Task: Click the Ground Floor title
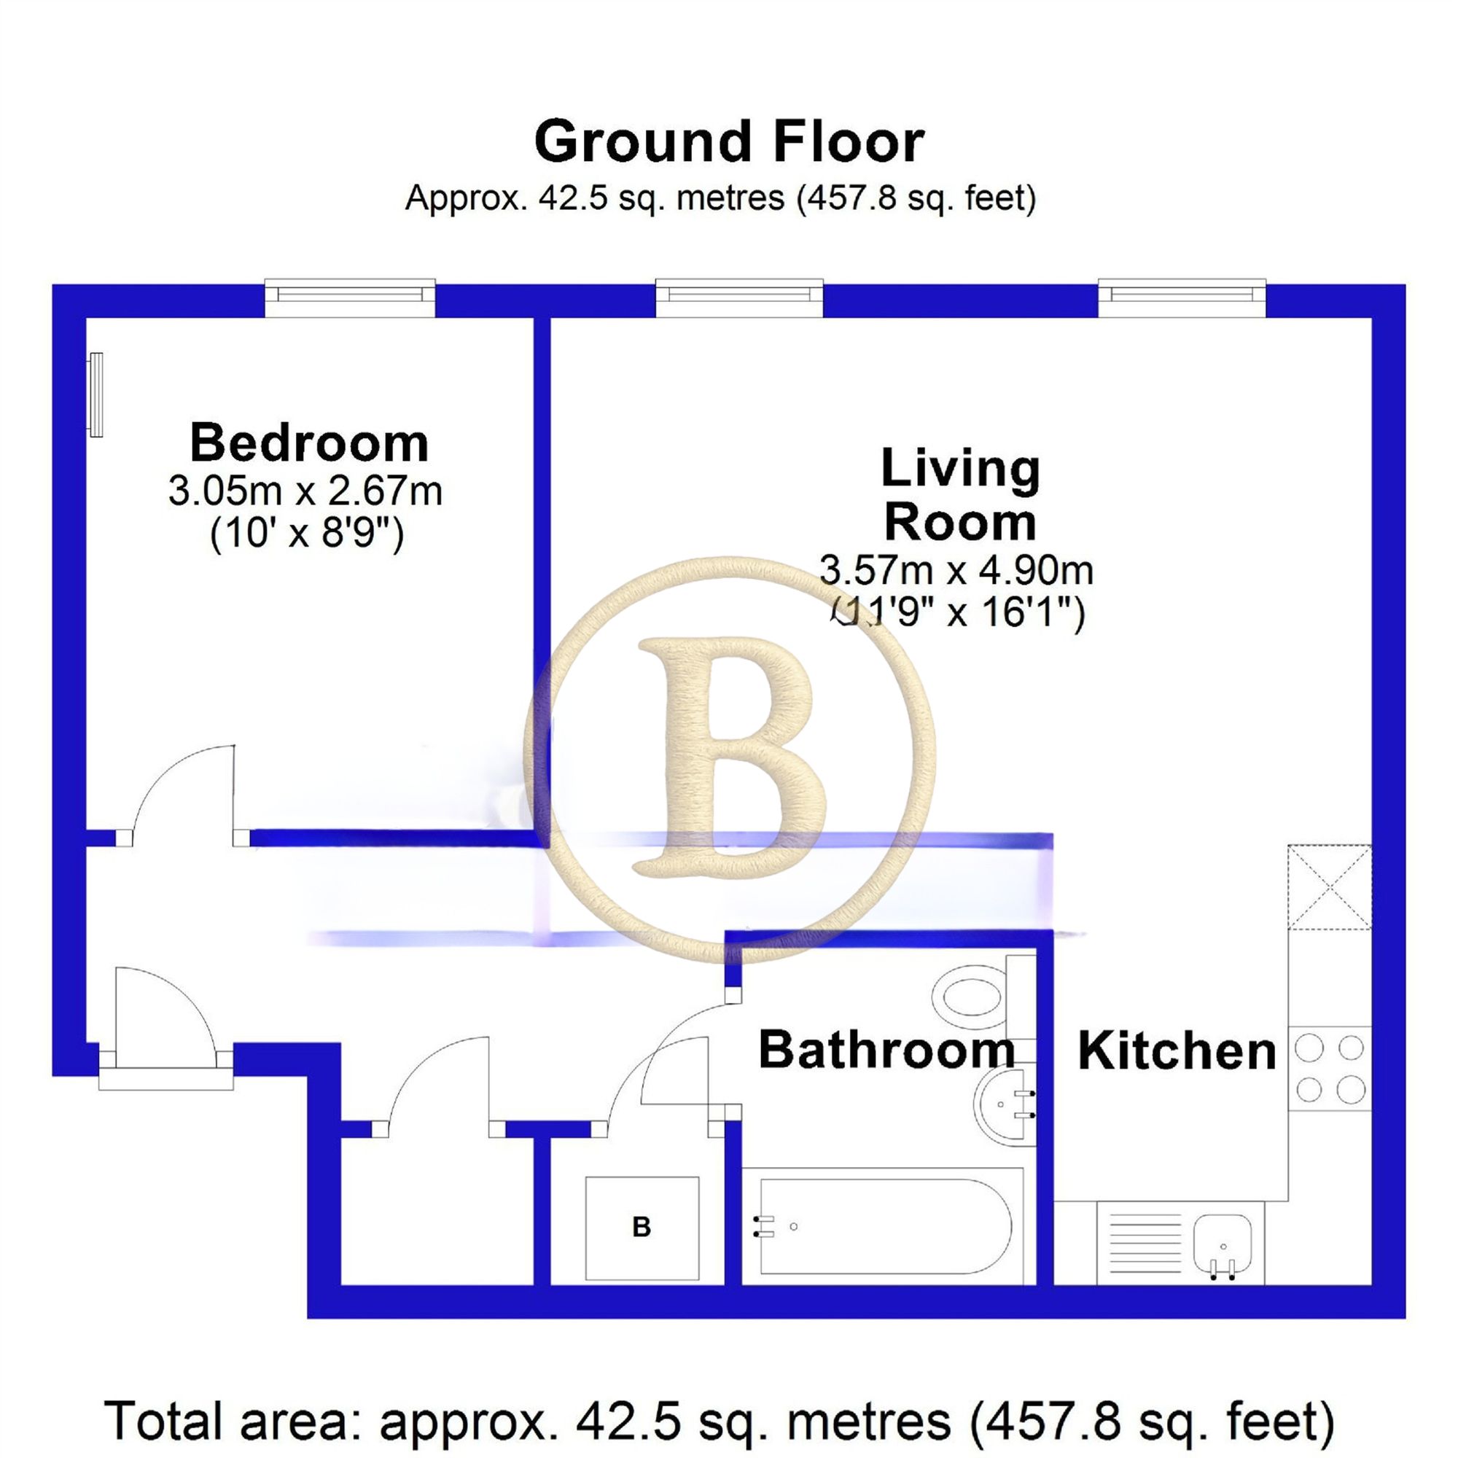point(729,142)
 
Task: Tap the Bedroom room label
point(308,443)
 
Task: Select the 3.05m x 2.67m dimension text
point(305,491)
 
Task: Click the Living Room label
point(960,495)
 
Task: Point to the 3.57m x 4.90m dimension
point(956,571)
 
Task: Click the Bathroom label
point(886,1050)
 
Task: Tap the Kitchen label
point(1177,1051)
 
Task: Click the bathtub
point(883,1226)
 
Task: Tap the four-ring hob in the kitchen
point(1329,1069)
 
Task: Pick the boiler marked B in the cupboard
point(642,1228)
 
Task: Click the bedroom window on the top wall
point(350,297)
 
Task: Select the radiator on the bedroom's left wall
point(95,394)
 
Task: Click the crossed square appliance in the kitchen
point(1329,886)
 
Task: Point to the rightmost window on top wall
point(1181,297)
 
